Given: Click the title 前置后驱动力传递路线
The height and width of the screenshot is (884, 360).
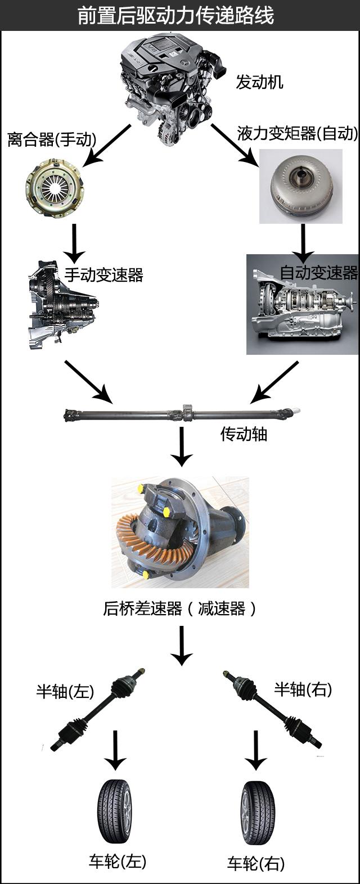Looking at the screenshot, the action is tap(175, 16).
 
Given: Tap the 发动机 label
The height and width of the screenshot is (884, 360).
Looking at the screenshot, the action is tap(259, 82).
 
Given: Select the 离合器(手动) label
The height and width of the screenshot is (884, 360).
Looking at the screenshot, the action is tap(52, 139).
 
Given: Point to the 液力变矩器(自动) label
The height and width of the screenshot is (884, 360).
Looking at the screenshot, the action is tap(297, 133).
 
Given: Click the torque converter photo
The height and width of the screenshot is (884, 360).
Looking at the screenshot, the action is tap(301, 186).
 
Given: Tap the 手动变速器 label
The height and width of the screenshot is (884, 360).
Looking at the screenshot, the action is tap(104, 274).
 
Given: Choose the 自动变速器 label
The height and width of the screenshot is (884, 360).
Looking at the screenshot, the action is tap(319, 272).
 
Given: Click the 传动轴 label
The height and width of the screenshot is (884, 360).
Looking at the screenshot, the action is tap(244, 434).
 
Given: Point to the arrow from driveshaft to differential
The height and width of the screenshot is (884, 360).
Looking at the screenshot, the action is tap(182, 446).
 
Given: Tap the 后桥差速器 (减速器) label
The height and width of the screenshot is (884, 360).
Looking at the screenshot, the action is tap(179, 608).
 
